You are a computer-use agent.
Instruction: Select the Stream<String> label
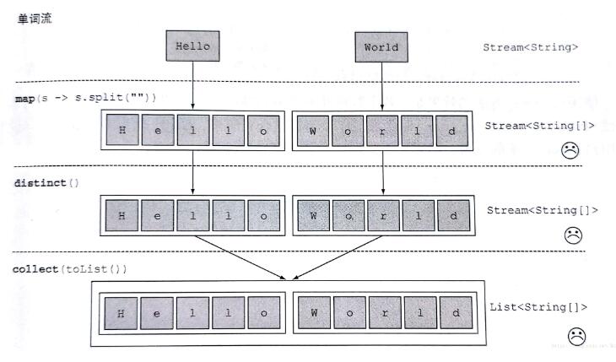pyautogui.click(x=531, y=47)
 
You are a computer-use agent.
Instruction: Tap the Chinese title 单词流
pyautogui.click(x=35, y=18)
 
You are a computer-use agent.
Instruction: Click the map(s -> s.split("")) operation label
pyautogui.click(x=85, y=98)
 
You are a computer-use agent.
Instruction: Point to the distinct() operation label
pyautogui.click(x=46, y=181)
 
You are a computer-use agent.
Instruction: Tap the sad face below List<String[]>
pyautogui.click(x=576, y=336)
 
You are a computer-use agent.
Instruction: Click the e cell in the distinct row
pyautogui.click(x=158, y=215)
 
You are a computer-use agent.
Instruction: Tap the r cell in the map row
pyautogui.click(x=384, y=131)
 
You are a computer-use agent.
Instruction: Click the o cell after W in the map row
pyautogui.click(x=349, y=131)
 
